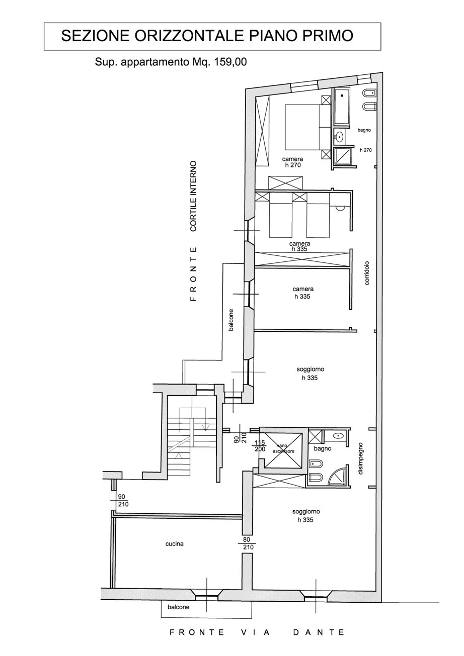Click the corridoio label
coord(367,273)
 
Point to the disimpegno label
coord(360,458)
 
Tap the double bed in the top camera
coord(308,127)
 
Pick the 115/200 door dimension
coord(260,446)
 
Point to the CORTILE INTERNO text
coord(193,196)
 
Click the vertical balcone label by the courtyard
coord(231,320)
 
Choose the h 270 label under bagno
coord(366,150)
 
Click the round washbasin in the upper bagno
coord(340,136)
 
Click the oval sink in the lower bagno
coord(338,436)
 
